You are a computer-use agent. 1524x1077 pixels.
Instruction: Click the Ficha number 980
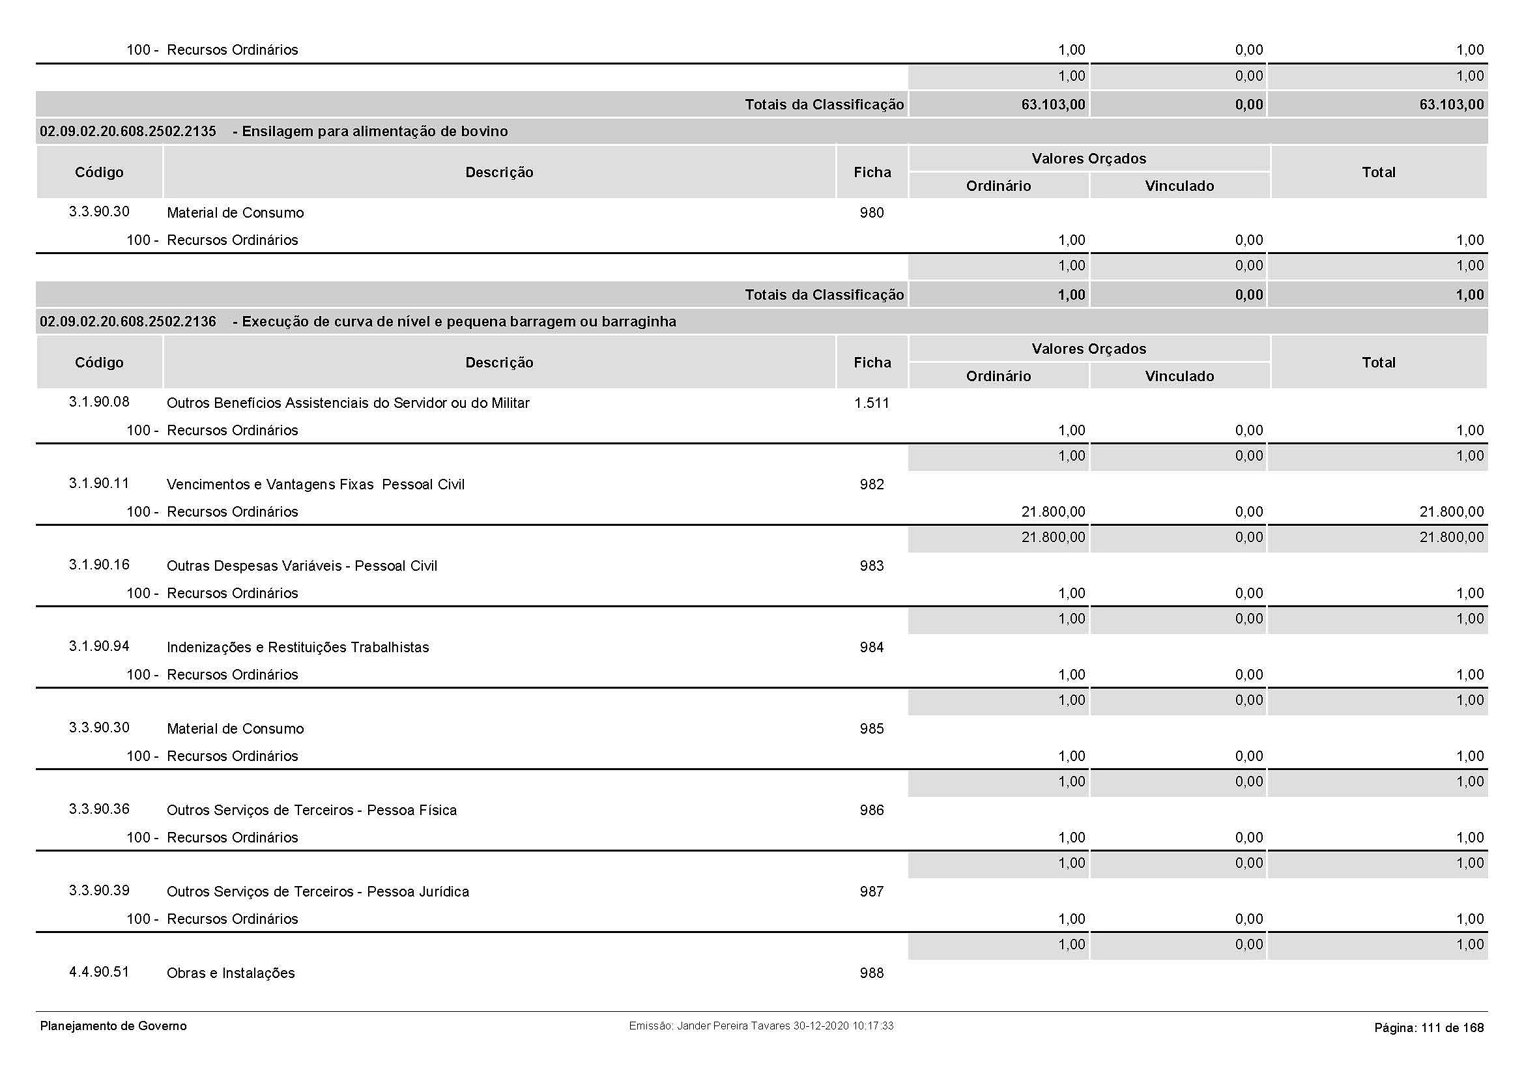pyautogui.click(x=872, y=213)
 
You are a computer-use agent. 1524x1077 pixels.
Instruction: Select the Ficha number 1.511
pyautogui.click(x=872, y=403)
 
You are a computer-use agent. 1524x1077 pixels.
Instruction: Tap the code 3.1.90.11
pyautogui.click(x=99, y=483)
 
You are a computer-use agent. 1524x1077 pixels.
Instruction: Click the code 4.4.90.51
pyautogui.click(x=99, y=972)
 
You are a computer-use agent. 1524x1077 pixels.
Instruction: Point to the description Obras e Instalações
pyautogui.click(x=230, y=973)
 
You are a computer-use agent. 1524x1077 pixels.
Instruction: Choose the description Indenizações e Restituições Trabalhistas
pyautogui.click(x=297, y=648)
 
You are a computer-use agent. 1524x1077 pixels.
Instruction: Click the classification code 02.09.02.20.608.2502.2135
pyautogui.click(x=128, y=132)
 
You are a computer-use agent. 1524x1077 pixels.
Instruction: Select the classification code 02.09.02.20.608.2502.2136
pyautogui.click(x=128, y=322)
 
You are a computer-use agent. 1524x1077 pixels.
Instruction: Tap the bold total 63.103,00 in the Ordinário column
pyautogui.click(x=1053, y=105)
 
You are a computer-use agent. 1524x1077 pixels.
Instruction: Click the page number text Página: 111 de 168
pyautogui.click(x=1428, y=1028)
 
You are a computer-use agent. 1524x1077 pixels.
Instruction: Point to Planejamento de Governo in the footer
pyautogui.click(x=113, y=1027)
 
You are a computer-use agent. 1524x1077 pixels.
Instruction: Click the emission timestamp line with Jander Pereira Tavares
pyautogui.click(x=761, y=1026)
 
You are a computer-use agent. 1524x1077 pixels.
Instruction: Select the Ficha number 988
pyautogui.click(x=872, y=973)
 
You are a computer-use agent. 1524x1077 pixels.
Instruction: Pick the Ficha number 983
pyautogui.click(x=872, y=566)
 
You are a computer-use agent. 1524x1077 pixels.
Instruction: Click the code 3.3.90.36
pyautogui.click(x=99, y=810)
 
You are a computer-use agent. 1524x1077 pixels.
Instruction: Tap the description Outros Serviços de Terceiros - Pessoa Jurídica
pyautogui.click(x=317, y=892)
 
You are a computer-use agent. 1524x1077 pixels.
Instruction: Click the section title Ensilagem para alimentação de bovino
pyautogui.click(x=375, y=132)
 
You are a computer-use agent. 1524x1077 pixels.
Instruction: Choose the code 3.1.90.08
pyautogui.click(x=99, y=402)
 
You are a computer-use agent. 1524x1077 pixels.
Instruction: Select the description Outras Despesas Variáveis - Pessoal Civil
pyautogui.click(x=302, y=566)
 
